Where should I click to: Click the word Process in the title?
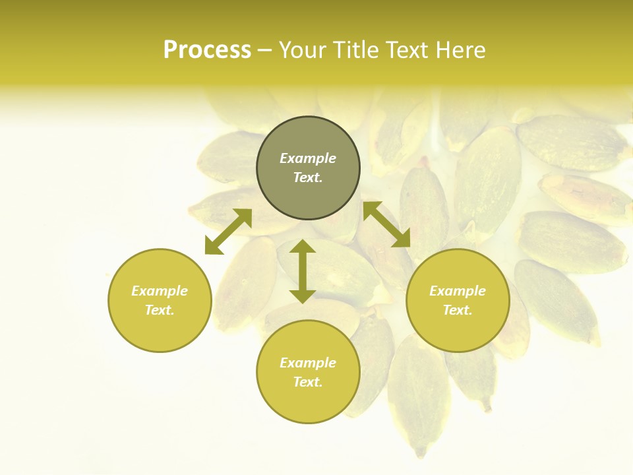[207, 50]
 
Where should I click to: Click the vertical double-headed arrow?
[303, 272]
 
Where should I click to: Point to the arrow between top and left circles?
[228, 232]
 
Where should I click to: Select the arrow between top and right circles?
[386, 224]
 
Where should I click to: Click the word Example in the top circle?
[308, 158]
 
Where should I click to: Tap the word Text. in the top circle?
[308, 177]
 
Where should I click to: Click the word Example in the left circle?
[160, 291]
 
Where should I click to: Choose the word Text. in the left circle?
[160, 310]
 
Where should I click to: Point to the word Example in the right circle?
[458, 291]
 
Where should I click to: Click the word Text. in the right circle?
[458, 310]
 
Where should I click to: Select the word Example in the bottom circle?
[308, 363]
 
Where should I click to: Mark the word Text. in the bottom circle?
[308, 382]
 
